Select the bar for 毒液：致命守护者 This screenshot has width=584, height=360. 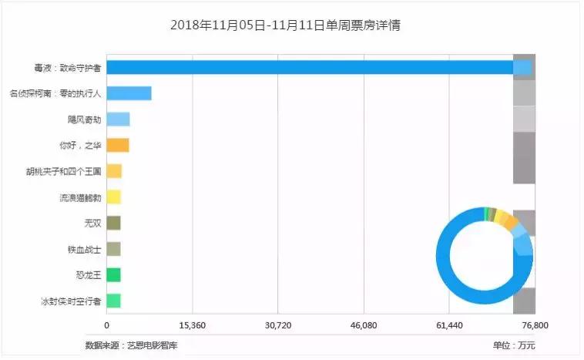click(x=308, y=67)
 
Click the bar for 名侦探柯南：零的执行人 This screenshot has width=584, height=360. click(x=129, y=93)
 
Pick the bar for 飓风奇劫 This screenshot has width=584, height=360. click(x=118, y=119)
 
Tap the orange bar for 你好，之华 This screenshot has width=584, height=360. click(x=117, y=145)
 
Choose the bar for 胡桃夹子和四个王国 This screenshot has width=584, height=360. click(x=114, y=171)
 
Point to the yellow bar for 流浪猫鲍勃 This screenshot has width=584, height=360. click(x=113, y=197)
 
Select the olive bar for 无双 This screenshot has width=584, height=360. click(x=113, y=223)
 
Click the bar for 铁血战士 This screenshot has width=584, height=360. click(x=113, y=249)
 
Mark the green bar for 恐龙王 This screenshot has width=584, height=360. click(x=113, y=275)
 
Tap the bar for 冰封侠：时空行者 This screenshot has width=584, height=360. click(x=113, y=301)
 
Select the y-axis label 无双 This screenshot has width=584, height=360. click(x=92, y=224)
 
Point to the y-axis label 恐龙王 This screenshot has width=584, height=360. click(x=88, y=275)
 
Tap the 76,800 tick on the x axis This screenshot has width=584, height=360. click(x=534, y=326)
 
